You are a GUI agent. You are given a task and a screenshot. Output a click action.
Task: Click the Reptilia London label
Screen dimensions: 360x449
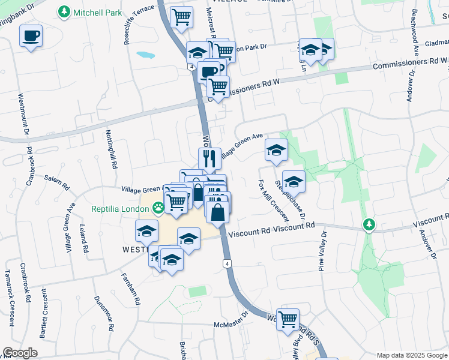click(119, 209)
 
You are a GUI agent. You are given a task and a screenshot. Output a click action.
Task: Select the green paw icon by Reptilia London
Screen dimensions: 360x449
click(158, 208)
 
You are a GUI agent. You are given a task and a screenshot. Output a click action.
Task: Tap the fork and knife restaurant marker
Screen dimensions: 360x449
click(209, 158)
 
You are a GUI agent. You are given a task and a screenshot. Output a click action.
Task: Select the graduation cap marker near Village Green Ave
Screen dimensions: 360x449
click(277, 150)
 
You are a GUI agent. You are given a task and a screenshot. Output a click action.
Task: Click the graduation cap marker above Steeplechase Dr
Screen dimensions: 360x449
click(294, 181)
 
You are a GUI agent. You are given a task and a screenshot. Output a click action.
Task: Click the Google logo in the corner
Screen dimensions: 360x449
click(20, 353)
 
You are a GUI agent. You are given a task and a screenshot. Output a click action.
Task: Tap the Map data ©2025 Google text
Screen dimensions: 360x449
click(412, 355)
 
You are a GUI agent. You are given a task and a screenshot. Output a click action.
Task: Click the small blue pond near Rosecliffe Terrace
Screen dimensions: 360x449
click(145, 55)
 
